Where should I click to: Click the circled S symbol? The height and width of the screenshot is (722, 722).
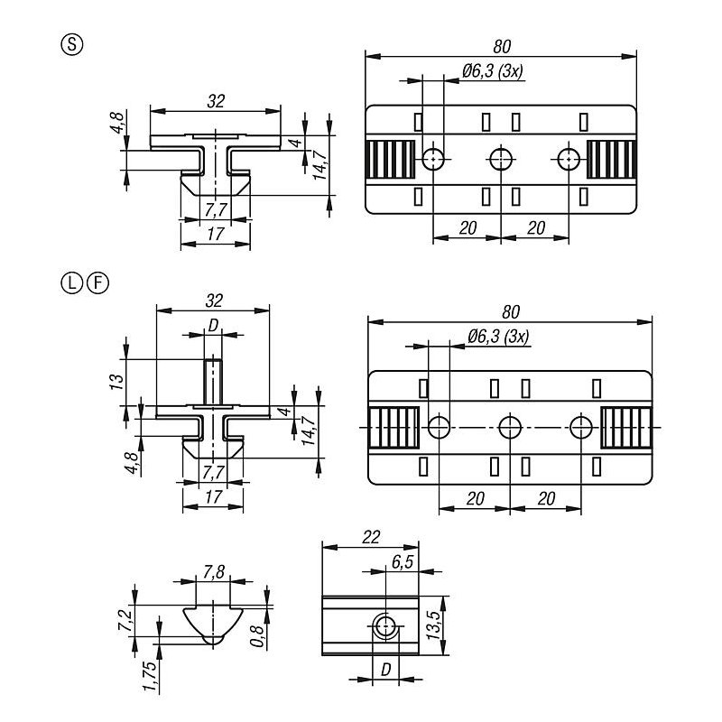point(72,45)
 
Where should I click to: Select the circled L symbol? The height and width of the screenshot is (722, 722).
point(71,282)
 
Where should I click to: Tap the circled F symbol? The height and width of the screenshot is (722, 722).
point(97,282)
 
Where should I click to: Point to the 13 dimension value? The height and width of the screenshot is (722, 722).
point(117,382)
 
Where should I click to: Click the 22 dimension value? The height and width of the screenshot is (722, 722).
point(371,537)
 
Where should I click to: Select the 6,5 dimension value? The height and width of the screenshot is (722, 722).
point(403,561)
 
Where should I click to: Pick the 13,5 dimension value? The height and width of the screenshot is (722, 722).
point(434,625)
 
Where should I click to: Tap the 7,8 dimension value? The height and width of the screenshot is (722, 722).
point(214,572)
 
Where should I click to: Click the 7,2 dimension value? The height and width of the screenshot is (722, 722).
point(125,620)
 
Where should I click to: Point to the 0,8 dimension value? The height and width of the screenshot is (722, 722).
point(258,635)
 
